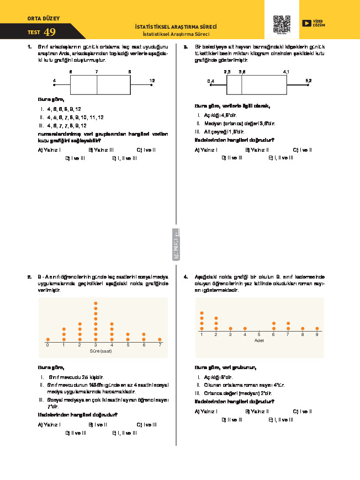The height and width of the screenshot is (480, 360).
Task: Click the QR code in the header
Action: coord(282,24)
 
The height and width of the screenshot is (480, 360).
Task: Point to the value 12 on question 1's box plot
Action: coord(152,81)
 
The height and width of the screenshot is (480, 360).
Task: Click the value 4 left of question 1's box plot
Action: coord(54,81)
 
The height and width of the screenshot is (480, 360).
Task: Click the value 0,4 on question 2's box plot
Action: coord(210,81)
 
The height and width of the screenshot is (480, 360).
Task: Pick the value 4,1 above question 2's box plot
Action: coord(286,72)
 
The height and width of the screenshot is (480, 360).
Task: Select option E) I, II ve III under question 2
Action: coord(280,158)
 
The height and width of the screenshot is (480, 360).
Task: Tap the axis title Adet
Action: coord(259,340)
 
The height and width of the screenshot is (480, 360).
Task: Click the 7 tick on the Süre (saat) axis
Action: coord(160,345)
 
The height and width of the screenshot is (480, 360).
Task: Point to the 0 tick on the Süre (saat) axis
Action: coord(47,345)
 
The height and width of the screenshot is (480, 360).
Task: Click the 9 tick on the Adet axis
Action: coord(317,334)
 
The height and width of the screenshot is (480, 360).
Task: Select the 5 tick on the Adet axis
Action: coord(259,334)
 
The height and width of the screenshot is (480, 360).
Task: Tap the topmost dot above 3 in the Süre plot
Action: coord(96,303)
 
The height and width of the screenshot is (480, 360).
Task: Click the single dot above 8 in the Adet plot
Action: coord(303,328)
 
